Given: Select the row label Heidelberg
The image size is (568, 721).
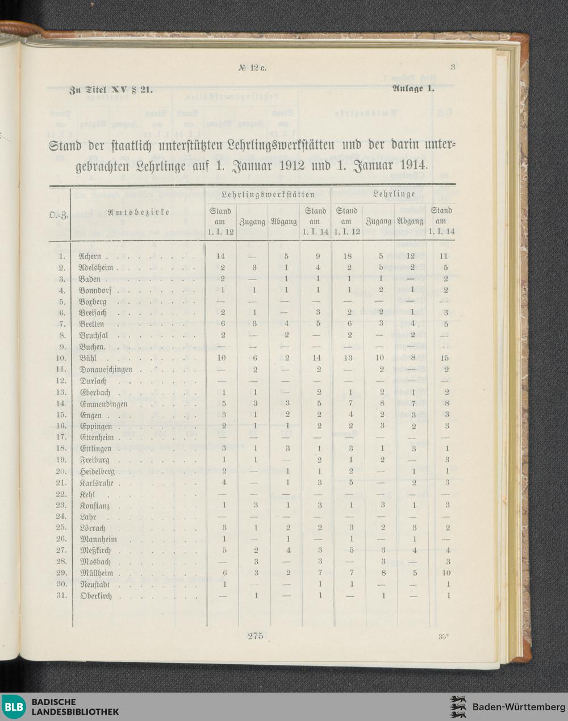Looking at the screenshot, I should coord(97,472).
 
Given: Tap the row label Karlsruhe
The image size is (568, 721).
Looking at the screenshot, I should coord(97,483).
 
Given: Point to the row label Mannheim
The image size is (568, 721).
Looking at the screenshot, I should coord(98,539).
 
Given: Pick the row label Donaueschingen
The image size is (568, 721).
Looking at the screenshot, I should coord(106,370).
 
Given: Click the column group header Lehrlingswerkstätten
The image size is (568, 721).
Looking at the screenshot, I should coord(268,195).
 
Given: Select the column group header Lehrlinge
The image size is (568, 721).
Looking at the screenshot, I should coord(394,195).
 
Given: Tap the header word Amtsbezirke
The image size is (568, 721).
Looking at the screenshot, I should coord(139,212).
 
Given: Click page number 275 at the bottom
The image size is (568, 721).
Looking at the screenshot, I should coord(255,636).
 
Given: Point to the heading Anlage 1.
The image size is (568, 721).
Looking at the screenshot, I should coord(413,88).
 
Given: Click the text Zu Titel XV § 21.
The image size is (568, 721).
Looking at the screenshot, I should coord(111,89).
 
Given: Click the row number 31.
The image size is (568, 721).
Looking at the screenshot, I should coord(61,595).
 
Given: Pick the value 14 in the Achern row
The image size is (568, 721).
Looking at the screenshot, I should coord(220,257).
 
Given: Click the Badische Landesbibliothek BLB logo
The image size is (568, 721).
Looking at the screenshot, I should coord(13,707).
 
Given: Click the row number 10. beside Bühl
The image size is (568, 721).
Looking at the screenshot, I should coord(61,359).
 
